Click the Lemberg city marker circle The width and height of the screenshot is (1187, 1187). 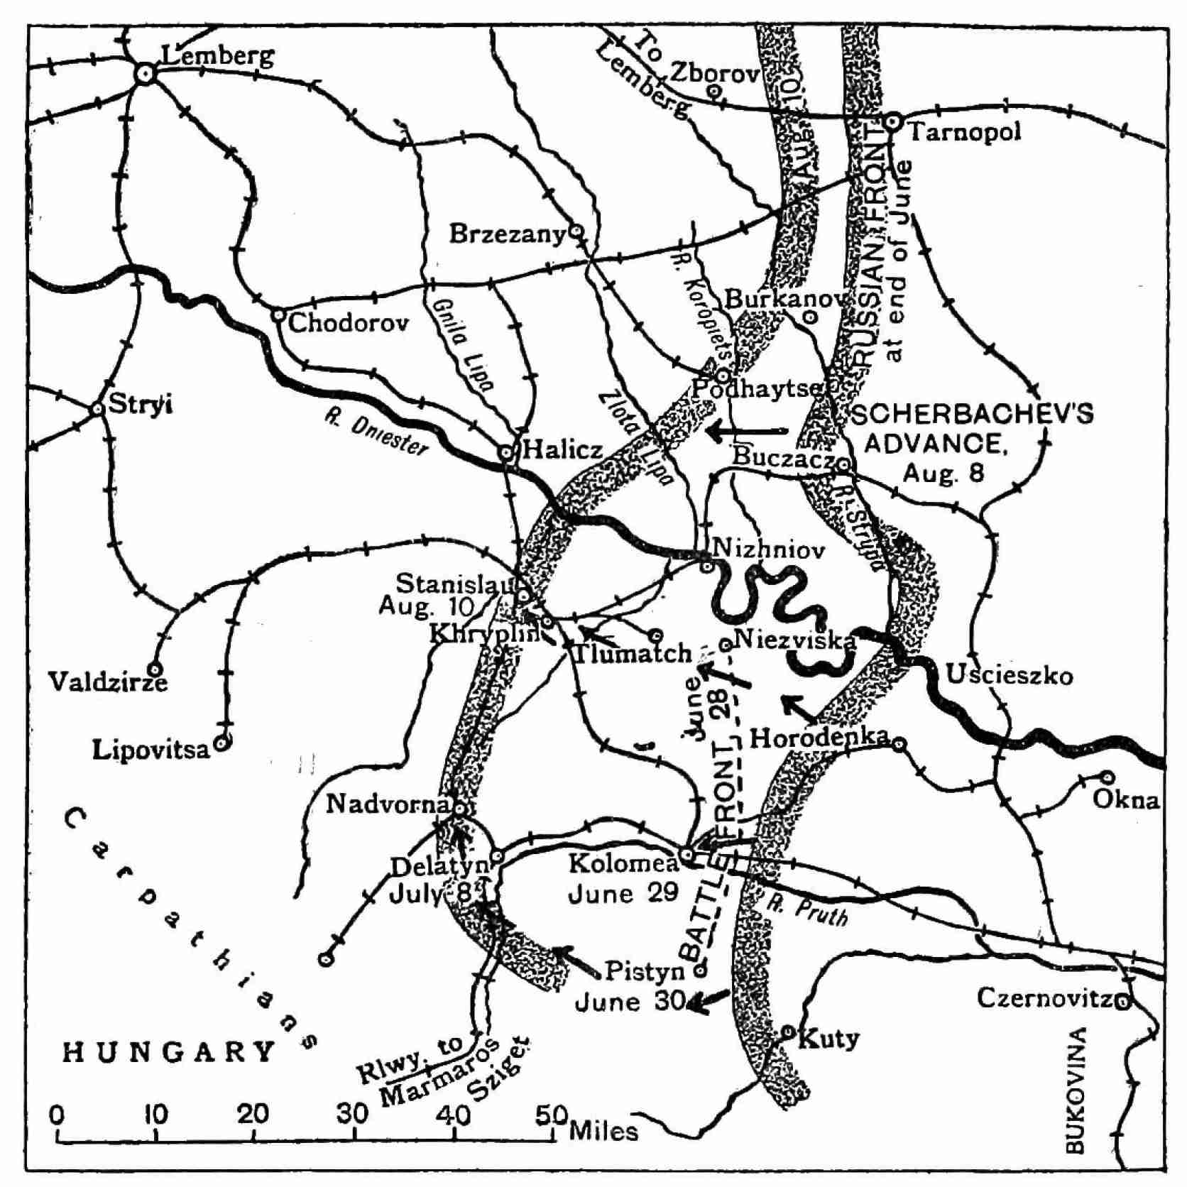tap(146, 72)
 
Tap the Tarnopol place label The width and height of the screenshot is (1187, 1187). tap(964, 132)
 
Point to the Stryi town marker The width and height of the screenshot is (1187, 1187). tap(98, 409)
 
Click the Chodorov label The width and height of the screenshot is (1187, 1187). tap(349, 324)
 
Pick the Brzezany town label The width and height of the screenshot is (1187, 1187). tap(507, 234)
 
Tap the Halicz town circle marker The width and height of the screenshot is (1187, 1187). tap(506, 452)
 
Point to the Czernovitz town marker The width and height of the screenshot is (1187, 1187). tap(1122, 1002)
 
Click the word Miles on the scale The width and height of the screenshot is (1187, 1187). tap(603, 1130)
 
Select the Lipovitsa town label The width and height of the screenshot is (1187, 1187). tap(151, 750)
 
